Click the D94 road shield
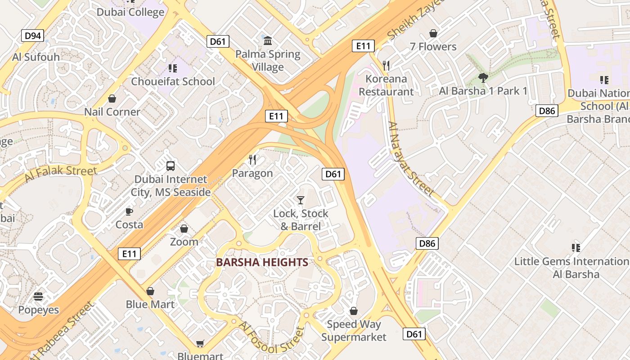(33, 36)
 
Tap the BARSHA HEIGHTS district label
(262, 262)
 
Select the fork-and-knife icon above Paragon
(252, 159)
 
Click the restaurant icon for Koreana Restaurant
(386, 66)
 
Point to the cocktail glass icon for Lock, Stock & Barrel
(301, 200)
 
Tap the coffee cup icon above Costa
(129, 211)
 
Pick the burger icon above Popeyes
(38, 297)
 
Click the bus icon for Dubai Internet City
(171, 166)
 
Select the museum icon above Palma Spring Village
(268, 41)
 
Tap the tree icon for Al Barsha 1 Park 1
(483, 78)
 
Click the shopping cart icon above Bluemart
(200, 344)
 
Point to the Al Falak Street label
(60, 173)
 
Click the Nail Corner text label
(112, 112)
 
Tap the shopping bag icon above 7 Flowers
(433, 33)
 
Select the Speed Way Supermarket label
(354, 331)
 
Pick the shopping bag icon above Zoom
(184, 229)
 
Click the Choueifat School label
(173, 81)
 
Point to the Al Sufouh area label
(36, 57)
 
